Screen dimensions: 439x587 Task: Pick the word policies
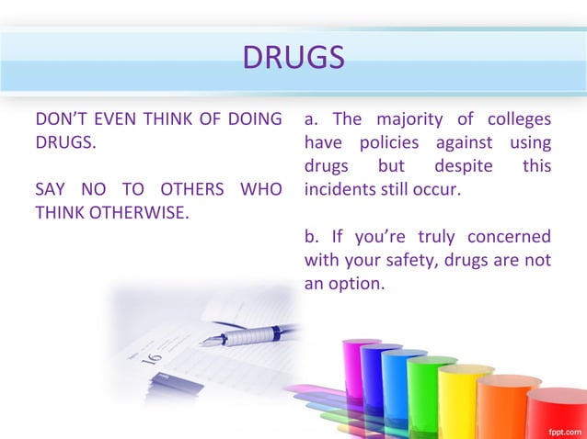pyautogui.click(x=390, y=143)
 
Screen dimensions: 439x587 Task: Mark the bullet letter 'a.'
pyautogui.click(x=312, y=119)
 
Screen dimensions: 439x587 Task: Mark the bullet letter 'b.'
pyautogui.click(x=312, y=238)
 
